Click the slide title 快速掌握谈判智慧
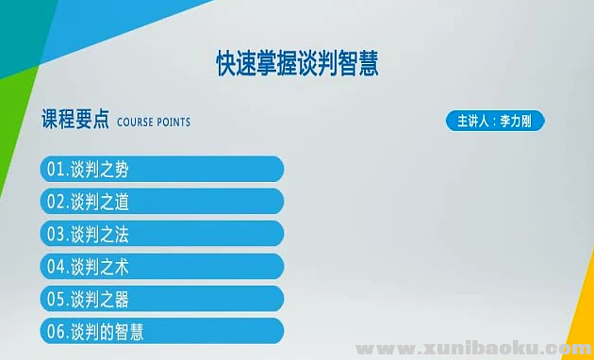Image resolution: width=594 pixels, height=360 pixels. [x=297, y=63]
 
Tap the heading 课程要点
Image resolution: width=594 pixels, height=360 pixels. [x=75, y=122]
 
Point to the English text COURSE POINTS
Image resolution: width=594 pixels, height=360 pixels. [x=154, y=123]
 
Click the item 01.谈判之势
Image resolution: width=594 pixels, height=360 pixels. [x=162, y=170]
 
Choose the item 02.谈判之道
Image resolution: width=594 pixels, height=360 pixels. [x=162, y=202]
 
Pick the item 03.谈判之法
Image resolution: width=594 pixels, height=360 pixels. [x=162, y=234]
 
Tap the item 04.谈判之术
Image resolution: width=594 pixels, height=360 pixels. [x=162, y=267]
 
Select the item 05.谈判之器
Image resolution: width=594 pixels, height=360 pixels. [x=162, y=299]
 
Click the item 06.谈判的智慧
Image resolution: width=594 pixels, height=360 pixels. [x=162, y=331]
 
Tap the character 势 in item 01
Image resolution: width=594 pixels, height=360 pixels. [x=121, y=170]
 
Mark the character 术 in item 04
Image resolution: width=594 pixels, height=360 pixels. [x=121, y=267]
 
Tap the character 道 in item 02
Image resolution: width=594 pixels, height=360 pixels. [x=121, y=202]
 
